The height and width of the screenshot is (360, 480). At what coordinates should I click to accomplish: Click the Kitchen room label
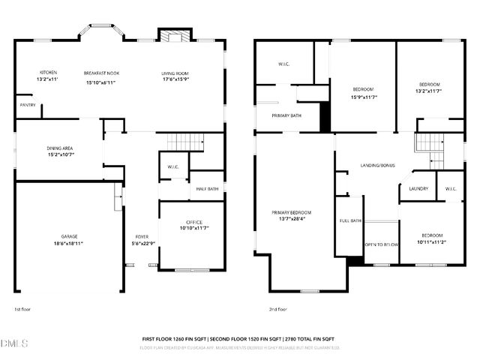click(47, 72)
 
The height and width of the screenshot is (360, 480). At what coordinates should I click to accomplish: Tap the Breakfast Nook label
click(102, 73)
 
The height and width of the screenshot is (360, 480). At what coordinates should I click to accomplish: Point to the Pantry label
click(28, 105)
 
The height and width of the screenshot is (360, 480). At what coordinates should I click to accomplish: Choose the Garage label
click(68, 236)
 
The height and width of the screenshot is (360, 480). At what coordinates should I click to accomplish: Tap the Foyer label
click(142, 236)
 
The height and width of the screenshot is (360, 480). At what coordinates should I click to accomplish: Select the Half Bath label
click(208, 189)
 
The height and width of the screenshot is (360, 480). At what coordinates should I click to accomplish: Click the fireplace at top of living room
click(170, 36)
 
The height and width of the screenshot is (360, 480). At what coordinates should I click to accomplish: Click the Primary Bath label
click(286, 115)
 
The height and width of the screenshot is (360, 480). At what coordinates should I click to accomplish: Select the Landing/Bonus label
click(377, 165)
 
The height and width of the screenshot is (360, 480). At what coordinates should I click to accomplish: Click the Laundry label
click(419, 189)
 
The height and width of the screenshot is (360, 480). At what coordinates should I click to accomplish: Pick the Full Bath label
click(351, 221)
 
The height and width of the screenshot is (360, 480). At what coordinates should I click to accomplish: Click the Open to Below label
click(381, 244)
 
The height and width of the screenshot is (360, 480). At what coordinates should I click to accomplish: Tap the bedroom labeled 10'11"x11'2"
click(430, 241)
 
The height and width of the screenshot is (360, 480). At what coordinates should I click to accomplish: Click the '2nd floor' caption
click(278, 309)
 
